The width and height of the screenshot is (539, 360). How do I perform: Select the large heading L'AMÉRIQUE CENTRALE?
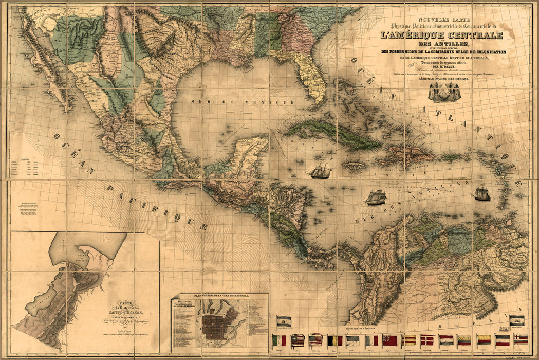[442, 35]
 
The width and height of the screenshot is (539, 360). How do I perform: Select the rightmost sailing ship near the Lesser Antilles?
[481, 194]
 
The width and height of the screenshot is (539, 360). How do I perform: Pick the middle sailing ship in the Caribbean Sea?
[376, 197]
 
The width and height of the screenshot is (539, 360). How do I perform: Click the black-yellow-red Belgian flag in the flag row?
[334, 340]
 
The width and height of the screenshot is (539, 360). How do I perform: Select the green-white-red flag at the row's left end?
[280, 340]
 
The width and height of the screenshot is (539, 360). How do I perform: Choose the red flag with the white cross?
[427, 340]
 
